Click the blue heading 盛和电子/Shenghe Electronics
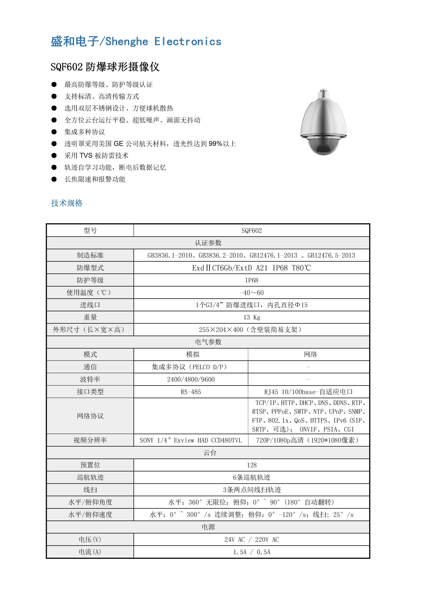click(136, 42)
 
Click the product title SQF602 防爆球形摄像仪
click(105, 67)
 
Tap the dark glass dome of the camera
click(323, 146)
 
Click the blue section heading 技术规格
click(67, 203)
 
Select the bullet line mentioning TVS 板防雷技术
click(96, 156)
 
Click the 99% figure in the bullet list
click(215, 144)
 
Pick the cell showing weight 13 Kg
click(252, 317)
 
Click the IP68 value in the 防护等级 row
click(252, 280)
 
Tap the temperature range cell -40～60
click(252, 293)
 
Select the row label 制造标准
click(90, 255)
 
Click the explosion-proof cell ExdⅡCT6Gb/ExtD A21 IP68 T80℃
click(252, 268)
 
